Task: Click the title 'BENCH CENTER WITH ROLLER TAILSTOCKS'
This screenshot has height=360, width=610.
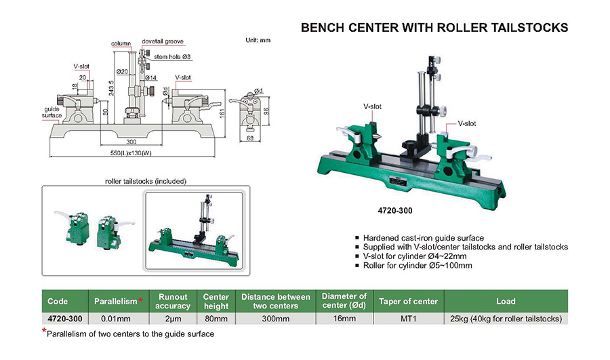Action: [434, 28]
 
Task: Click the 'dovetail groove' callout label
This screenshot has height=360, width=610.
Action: [163, 41]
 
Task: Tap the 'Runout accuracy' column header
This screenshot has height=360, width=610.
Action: [173, 301]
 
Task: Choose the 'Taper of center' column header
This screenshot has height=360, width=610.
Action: [409, 301]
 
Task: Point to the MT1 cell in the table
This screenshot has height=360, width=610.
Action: [409, 318]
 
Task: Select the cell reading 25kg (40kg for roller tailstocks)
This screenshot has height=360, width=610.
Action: [506, 318]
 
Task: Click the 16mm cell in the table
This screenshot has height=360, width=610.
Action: [344, 318]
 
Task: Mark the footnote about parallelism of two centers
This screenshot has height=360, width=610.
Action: [129, 334]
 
